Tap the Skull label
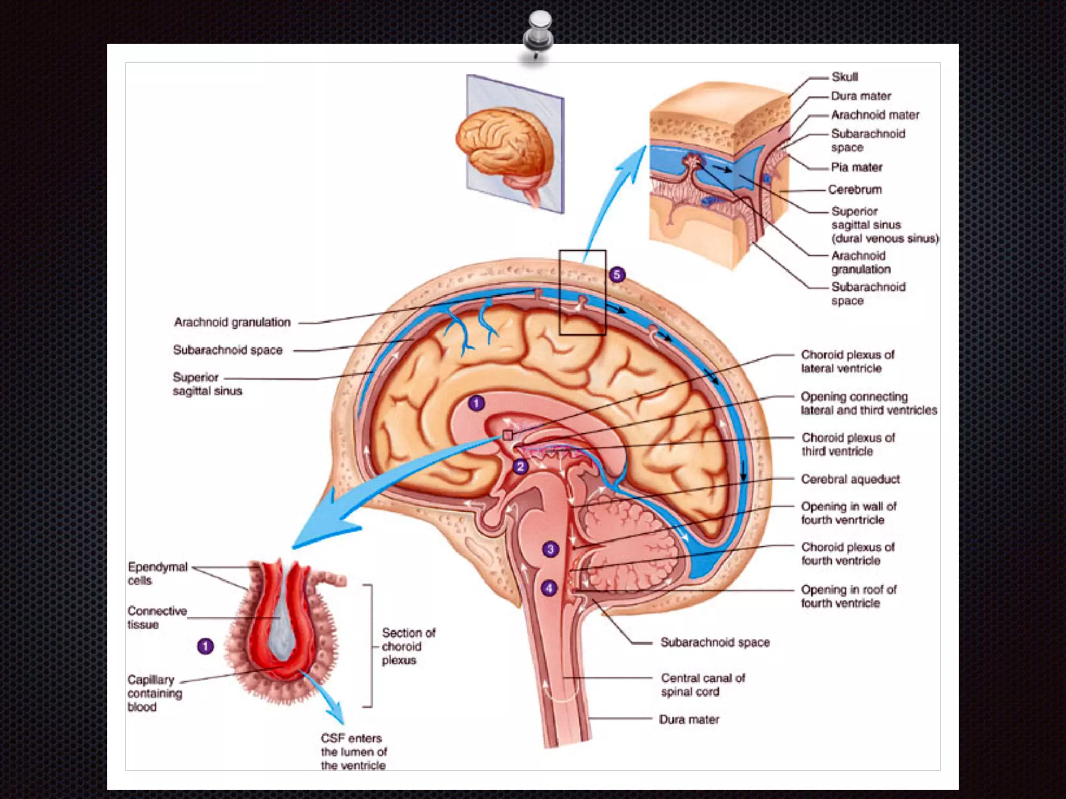[844, 77]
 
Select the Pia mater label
[856, 167]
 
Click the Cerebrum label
[855, 190]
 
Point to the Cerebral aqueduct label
[850, 479]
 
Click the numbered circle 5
[617, 275]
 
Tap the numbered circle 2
[520, 467]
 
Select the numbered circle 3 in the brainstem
[550, 549]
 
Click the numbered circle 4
[549, 588]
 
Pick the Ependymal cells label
[157, 573]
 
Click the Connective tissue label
[157, 617]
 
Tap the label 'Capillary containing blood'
[155, 693]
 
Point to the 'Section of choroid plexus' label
[408, 646]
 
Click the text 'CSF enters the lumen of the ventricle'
[353, 752]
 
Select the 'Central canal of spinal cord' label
[703, 685]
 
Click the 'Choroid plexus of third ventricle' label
[848, 444]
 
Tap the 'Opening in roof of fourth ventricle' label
[848, 596]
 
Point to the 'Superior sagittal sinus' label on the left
[207, 384]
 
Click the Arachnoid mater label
[875, 115]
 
